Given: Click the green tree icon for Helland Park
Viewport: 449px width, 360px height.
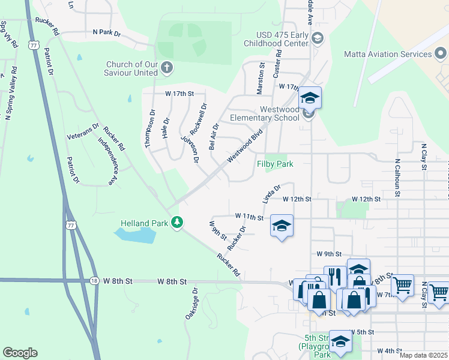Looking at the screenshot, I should click(x=176, y=223).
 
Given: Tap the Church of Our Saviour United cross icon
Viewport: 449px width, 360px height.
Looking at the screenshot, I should click(x=167, y=68).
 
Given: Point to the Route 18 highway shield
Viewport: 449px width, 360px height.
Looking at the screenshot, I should click(x=94, y=280).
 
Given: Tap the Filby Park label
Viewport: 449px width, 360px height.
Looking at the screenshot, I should click(x=275, y=164).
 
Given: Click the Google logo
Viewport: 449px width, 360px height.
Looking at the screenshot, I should click(x=20, y=353).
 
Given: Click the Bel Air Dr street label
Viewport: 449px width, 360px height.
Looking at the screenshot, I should click(x=213, y=136).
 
